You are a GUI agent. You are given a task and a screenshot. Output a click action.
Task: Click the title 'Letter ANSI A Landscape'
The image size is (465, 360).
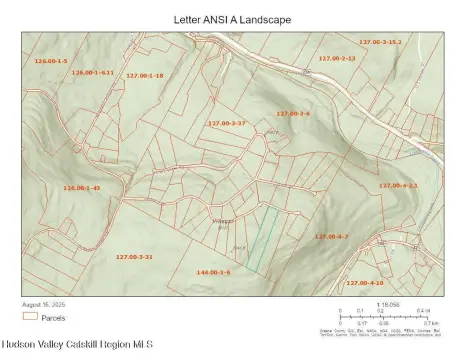point(232,19)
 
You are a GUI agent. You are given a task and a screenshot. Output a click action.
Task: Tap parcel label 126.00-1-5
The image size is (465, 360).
point(50,62)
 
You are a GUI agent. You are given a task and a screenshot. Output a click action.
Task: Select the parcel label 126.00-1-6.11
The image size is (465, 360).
point(93,72)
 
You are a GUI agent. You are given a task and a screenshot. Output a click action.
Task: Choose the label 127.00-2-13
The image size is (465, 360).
point(337,58)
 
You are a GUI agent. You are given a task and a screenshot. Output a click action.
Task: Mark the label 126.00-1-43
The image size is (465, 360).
point(82,188)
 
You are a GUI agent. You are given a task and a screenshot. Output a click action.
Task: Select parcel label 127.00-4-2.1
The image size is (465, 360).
point(398,186)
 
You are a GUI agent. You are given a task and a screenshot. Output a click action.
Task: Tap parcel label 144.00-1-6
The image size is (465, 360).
point(213,272)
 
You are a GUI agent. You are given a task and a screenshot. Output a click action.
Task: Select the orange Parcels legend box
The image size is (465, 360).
point(29,316)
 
